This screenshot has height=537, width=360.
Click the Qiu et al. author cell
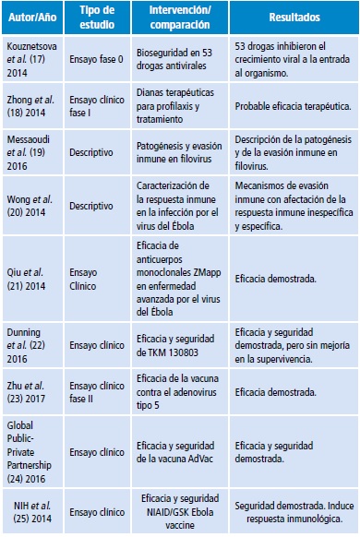click(x=35, y=276)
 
